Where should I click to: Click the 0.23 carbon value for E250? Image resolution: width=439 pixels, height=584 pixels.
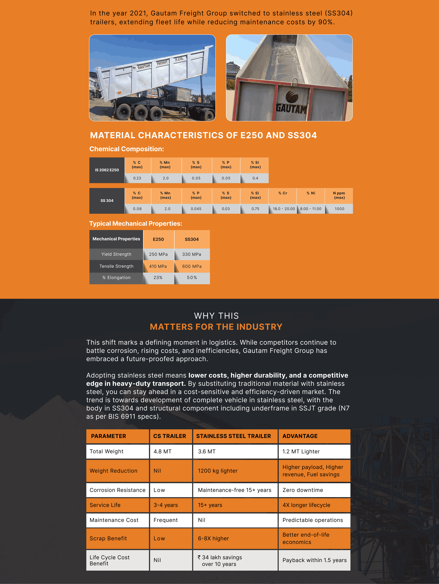[137, 178]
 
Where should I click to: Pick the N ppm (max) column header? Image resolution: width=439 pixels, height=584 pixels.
[339, 195]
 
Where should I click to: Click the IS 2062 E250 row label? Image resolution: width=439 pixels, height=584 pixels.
[107, 170]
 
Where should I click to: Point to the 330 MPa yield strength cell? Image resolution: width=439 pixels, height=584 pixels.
[192, 254]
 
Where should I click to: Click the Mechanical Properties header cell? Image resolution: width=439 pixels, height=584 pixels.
[116, 239]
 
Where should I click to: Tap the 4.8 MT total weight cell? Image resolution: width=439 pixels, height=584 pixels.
[163, 451]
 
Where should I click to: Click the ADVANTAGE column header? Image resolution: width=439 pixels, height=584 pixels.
[300, 436]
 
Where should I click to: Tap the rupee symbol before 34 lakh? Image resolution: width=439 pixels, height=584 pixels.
[199, 557]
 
